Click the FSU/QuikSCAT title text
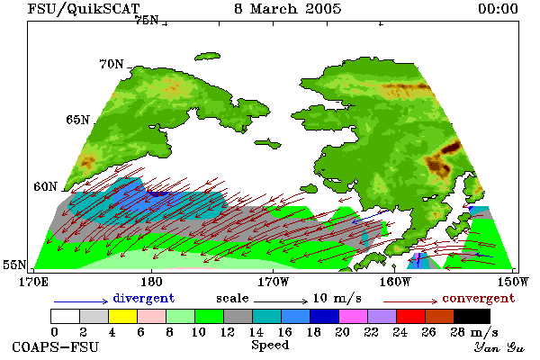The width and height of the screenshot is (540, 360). click(x=84, y=9)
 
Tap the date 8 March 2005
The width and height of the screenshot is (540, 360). click(x=288, y=9)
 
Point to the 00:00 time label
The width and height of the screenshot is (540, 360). click(x=498, y=9)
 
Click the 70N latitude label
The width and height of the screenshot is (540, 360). click(x=112, y=64)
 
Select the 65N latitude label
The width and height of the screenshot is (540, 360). click(x=77, y=120)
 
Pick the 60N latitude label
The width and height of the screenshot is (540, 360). click(x=45, y=186)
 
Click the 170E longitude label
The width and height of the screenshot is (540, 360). click(x=33, y=282)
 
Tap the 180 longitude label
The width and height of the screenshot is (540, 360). click(x=151, y=282)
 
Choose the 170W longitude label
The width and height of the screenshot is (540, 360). click(x=273, y=282)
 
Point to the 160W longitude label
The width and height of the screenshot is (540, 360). click(x=395, y=282)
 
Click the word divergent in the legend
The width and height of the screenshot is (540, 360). click(x=144, y=298)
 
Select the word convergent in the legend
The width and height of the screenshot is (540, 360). click(x=479, y=298)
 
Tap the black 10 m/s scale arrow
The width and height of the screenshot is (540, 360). click(x=281, y=301)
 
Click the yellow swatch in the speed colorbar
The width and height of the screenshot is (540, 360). click(x=123, y=316)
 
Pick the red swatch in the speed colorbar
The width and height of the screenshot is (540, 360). click(x=411, y=316)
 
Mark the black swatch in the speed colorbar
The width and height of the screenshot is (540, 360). click(x=472, y=316)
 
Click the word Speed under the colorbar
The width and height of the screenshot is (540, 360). click(x=270, y=346)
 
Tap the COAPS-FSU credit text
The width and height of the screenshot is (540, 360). click(x=56, y=346)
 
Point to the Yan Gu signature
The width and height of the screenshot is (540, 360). click(x=499, y=347)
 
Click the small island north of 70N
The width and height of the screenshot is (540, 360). click(x=207, y=56)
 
